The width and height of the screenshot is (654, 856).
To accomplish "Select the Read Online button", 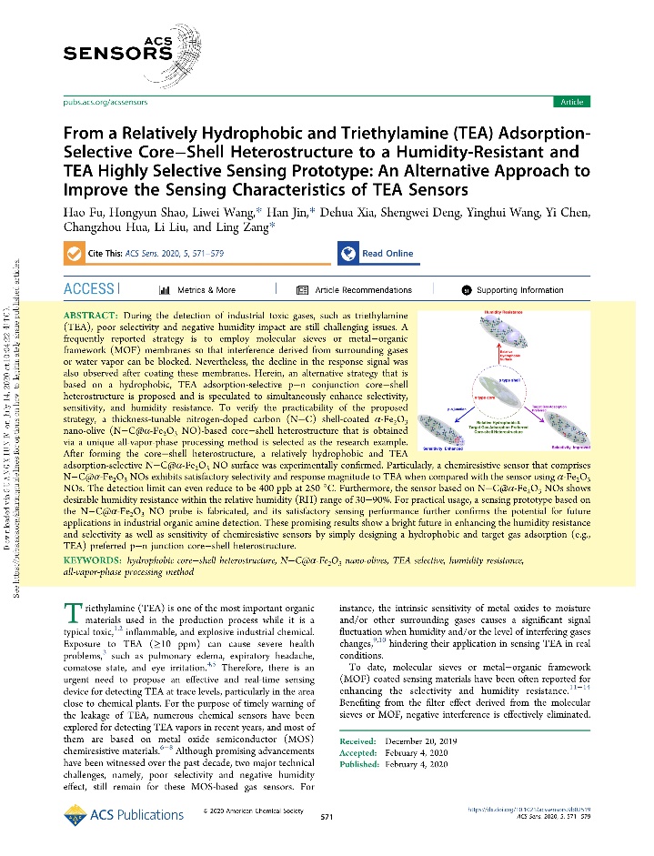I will coord(377,254).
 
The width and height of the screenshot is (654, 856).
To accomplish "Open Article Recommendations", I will coord(362,291).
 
